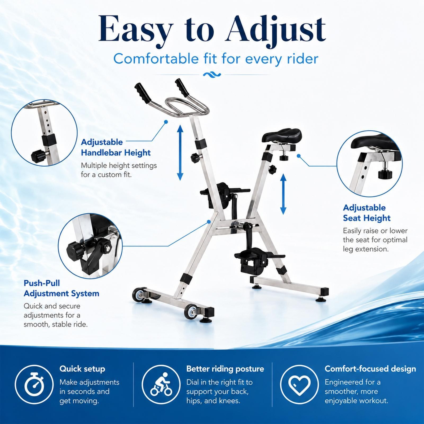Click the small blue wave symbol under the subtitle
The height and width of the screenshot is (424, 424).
[212, 75]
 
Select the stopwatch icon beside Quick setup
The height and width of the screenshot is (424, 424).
[34, 384]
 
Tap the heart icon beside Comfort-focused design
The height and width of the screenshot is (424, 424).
[299, 385]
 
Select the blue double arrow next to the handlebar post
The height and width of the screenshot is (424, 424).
[180, 153]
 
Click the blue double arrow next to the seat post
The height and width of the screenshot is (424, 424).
[283, 194]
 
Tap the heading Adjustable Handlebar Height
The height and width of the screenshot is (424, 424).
[116, 147]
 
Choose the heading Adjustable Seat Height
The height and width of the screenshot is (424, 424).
[367, 213]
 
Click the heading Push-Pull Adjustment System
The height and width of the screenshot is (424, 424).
[61, 288]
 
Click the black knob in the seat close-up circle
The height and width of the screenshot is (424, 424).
[385, 174]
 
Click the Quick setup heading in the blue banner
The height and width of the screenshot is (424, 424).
[82, 369]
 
